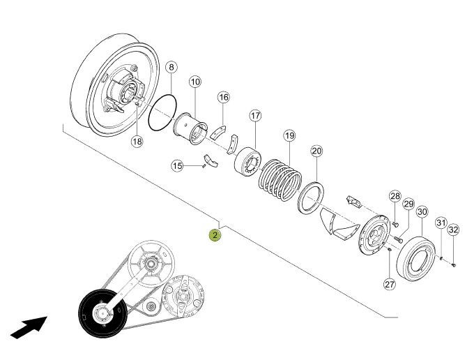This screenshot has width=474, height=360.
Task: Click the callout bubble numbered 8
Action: (171, 68)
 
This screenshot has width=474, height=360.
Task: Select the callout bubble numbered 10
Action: (194, 82)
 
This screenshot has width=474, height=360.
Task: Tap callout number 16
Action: (223, 97)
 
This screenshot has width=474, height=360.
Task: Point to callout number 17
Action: (255, 115)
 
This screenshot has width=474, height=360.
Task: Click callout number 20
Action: (316, 151)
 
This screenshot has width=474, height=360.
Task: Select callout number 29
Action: (408, 203)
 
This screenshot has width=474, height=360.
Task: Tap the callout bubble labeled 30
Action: (422, 211)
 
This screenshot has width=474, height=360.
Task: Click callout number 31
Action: (441, 223)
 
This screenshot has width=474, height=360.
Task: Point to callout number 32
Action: (453, 230)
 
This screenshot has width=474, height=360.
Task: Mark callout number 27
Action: (389, 284)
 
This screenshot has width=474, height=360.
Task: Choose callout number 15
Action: (177, 165)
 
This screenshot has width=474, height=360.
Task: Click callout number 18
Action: (137, 141)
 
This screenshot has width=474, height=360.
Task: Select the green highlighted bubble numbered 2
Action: (215, 235)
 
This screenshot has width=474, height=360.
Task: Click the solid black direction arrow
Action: (29, 327)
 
